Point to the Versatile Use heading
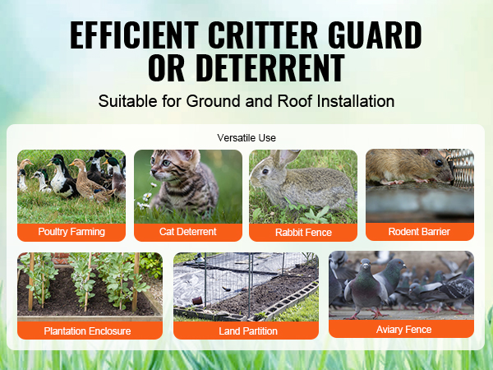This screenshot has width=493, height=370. [x=246, y=137]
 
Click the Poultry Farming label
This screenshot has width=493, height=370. [x=71, y=233]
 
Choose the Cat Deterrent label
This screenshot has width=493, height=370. [x=188, y=233]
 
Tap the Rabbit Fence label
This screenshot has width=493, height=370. [x=303, y=233]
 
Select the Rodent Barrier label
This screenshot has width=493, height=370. [x=419, y=232]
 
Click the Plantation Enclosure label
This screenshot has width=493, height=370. [x=89, y=331]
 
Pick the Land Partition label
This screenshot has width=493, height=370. [x=247, y=331]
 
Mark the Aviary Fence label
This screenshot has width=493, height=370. [x=402, y=329]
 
